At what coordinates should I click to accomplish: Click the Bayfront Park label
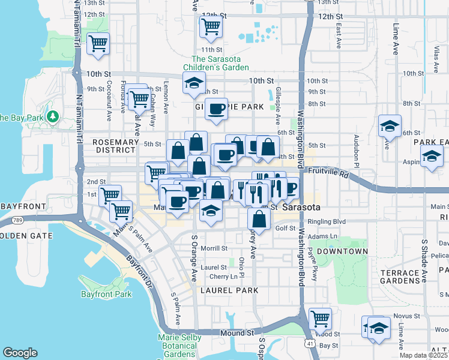tap(106, 294)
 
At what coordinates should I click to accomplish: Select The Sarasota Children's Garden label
tap(224, 64)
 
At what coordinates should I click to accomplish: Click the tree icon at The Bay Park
tap(53, 116)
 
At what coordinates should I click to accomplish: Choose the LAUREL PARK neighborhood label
tap(229, 290)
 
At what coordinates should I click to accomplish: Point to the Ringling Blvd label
tap(327, 221)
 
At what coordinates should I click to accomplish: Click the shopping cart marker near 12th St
tap(211, 26)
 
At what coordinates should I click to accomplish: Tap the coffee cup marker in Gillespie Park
tap(216, 109)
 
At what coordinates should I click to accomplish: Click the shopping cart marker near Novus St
tap(319, 318)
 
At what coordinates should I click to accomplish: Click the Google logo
tap(20, 353)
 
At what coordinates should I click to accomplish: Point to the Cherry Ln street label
tap(223, 277)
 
